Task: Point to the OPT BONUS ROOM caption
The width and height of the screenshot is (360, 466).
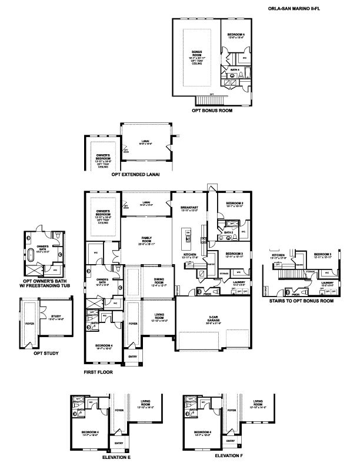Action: [212, 110]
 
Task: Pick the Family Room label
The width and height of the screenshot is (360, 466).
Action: [146, 239]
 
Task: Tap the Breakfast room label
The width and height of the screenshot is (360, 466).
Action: [190, 209]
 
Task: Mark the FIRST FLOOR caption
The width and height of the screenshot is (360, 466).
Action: [98, 372]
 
